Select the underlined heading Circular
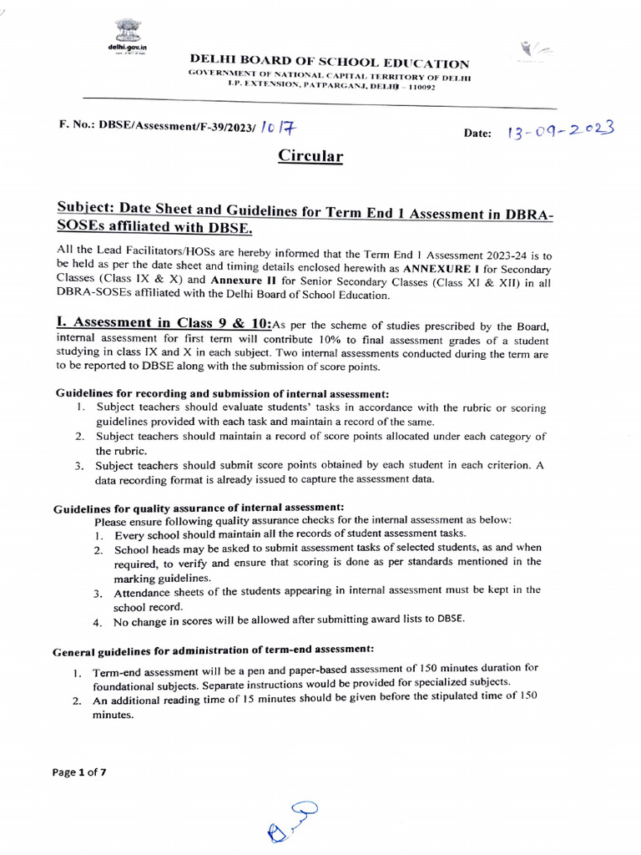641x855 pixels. click(310, 157)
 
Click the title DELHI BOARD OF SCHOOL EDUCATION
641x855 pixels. click(330, 64)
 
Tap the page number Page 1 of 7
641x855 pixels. click(79, 772)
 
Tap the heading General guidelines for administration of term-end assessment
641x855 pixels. click(213, 649)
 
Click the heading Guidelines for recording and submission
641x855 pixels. click(222, 393)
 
